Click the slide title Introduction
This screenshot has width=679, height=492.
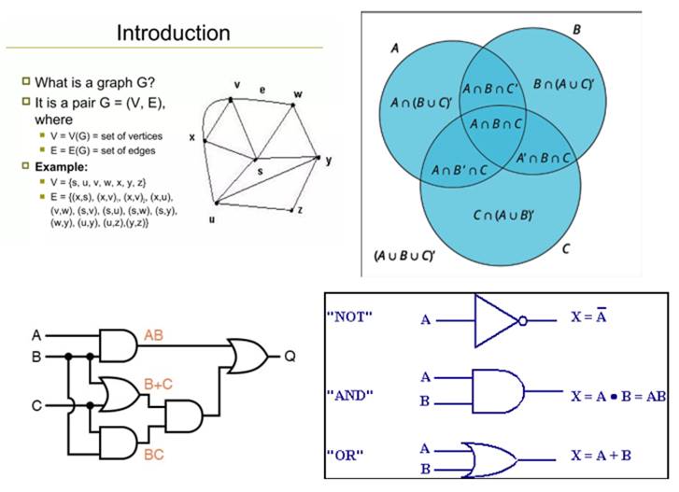point(173,34)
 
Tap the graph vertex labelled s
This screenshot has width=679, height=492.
point(256,160)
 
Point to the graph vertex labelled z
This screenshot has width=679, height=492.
point(292,211)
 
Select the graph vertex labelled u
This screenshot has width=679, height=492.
point(216,203)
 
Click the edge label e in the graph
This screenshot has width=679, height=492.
point(262,90)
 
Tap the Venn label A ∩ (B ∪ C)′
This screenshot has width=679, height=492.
point(418,103)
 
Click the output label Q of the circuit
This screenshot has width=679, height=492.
point(290,356)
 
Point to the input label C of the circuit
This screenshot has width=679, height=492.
point(36,405)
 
